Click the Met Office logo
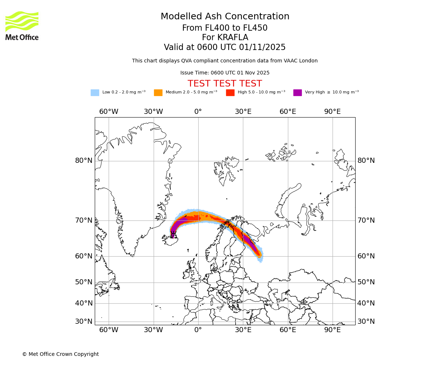(22, 26)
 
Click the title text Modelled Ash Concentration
(225, 17)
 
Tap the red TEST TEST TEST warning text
(225, 84)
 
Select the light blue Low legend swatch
(95, 93)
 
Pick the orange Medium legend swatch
(158, 93)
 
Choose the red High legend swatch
(230, 93)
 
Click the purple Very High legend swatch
(297, 93)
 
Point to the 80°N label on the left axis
(84, 161)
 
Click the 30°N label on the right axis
(366, 322)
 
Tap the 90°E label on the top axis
(332, 112)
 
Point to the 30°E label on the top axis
(243, 112)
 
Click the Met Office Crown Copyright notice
(60, 354)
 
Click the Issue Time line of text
(225, 73)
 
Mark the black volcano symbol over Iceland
(173, 234)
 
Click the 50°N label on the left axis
(84, 282)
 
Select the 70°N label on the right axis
(366, 220)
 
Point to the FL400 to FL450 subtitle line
(225, 28)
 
